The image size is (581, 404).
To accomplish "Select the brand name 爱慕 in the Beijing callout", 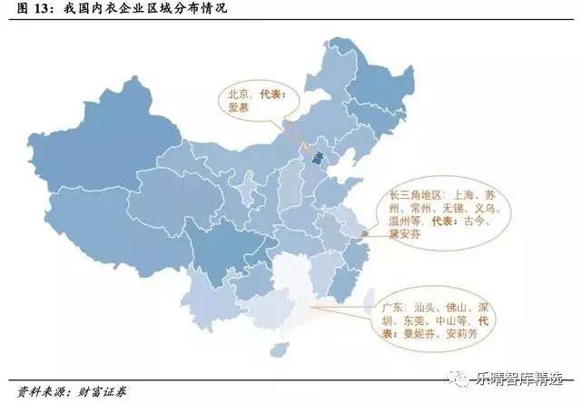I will click(x=240, y=107).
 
